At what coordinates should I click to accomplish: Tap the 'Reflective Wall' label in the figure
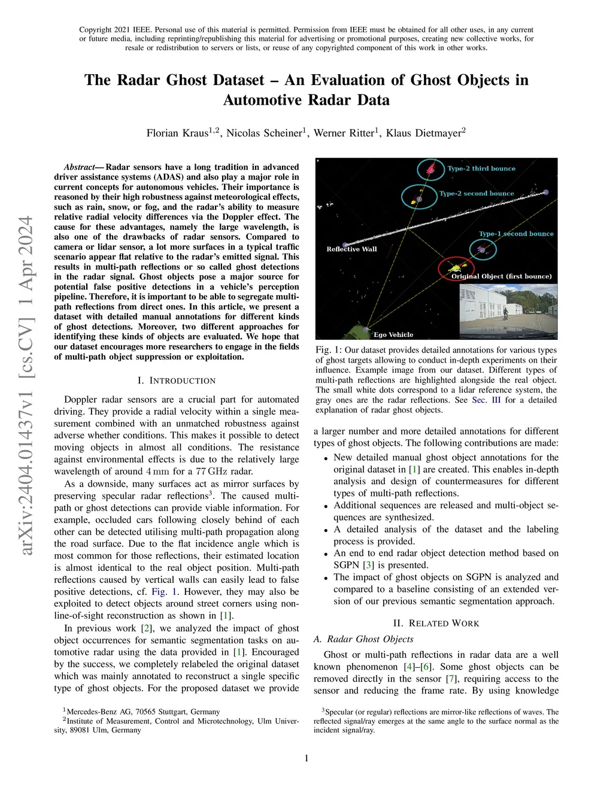pos(351,249)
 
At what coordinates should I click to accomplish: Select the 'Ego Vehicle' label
pos(393,335)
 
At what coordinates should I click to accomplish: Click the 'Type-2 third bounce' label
pos(481,169)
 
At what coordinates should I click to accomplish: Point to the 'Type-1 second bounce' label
pos(516,234)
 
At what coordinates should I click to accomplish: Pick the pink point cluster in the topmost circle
pos(430,168)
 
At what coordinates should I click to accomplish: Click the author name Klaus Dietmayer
pos(424,133)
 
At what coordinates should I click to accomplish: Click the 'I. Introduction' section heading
pos(176,381)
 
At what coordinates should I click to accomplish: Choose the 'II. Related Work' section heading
pos(436,624)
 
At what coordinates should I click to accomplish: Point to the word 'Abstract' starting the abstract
pos(80,167)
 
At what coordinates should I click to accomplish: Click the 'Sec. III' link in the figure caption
pos(486,400)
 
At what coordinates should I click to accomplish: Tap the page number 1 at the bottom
pos(306,758)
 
